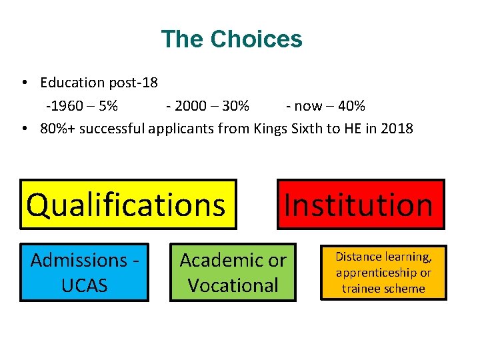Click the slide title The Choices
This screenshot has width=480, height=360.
pyautogui.click(x=231, y=39)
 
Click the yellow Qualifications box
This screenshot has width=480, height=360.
pyautogui.click(x=128, y=204)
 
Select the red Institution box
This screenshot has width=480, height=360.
pyautogui.click(x=360, y=204)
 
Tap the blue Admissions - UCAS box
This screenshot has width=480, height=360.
pyautogui.click(x=84, y=272)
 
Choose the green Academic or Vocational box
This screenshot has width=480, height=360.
pyautogui.click(x=233, y=272)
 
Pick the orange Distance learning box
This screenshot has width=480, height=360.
pyautogui.click(x=383, y=272)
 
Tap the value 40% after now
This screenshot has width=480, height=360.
pyautogui.click(x=351, y=105)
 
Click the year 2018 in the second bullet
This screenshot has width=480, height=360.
pyautogui.click(x=397, y=128)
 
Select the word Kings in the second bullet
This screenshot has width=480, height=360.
pyautogui.click(x=271, y=128)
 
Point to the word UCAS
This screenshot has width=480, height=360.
pyautogui.click(x=84, y=285)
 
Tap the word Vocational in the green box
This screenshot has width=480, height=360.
pyautogui.click(x=233, y=285)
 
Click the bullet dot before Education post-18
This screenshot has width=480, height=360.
pyautogui.click(x=23, y=83)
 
